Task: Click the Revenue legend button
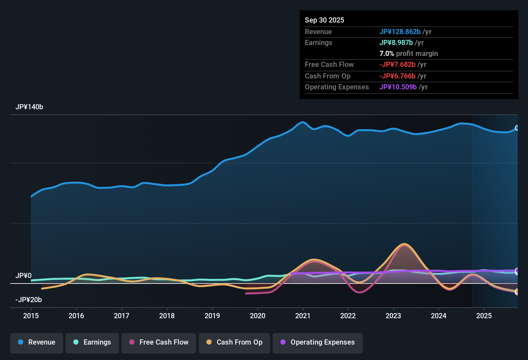point(37,342)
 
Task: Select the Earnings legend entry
point(92,342)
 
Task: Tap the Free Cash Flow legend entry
point(159,342)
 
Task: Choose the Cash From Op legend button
point(234,342)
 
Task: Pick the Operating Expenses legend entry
point(318,342)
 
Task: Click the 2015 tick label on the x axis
point(31,316)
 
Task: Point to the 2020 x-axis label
point(258,316)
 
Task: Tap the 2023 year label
point(393,316)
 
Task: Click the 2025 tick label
point(484,316)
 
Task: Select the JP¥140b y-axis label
point(29,107)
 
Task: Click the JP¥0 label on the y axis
point(23,276)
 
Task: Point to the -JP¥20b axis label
point(29,300)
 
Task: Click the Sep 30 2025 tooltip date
point(324,20)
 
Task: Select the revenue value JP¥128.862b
point(400,32)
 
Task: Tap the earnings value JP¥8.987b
point(396,43)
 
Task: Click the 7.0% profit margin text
point(409,54)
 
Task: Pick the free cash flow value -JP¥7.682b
point(397,65)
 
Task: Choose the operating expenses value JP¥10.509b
point(398,87)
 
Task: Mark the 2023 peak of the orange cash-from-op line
point(404,244)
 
